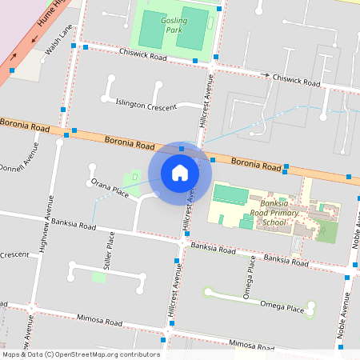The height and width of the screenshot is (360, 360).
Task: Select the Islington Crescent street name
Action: coord(146,105)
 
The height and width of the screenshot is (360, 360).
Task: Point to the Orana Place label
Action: coord(110,188)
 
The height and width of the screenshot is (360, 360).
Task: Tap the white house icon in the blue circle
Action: coord(180,173)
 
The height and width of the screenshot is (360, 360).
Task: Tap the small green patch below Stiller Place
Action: coord(98,277)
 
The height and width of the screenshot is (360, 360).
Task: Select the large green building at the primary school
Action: coord(230,194)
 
